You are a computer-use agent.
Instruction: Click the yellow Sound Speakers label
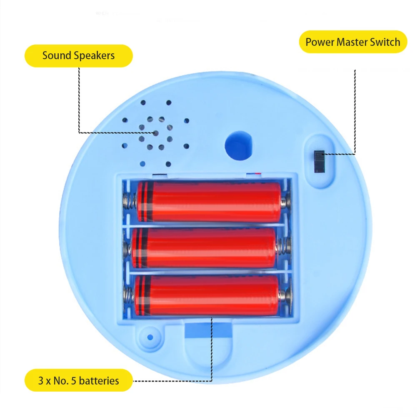coord(79,56)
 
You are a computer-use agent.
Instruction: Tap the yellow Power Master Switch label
coord(353,42)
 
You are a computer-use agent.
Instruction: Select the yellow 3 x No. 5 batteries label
coord(79,380)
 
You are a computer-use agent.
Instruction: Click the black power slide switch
coord(320,162)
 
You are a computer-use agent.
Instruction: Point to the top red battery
coord(209,202)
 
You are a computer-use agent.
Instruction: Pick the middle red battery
coord(204,248)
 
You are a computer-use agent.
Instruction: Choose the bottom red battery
coord(206,295)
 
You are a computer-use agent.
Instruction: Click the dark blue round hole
coord(238,146)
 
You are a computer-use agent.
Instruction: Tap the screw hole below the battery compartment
coord(150,336)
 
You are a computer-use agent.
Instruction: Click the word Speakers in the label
coord(95,56)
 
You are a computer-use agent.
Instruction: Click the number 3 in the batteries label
coord(41,380)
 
